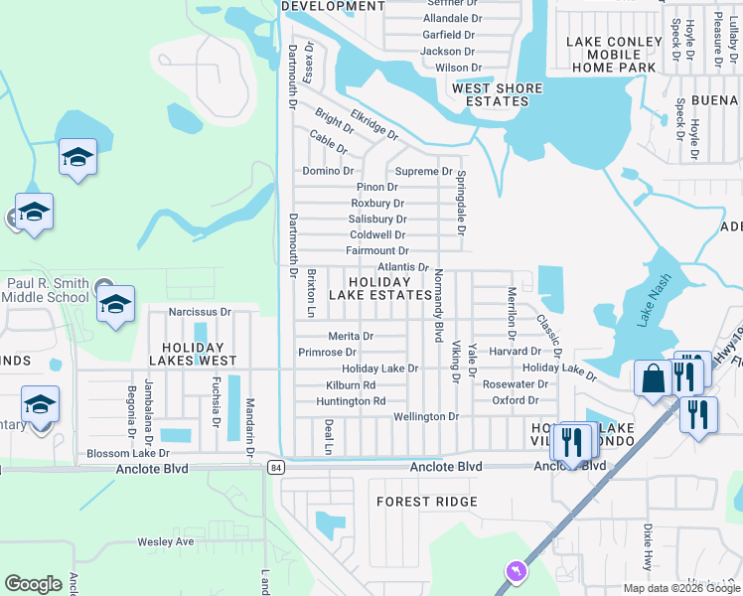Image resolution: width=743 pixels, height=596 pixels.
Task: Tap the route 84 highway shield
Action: (x=275, y=467)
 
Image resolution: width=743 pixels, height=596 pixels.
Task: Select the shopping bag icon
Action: (x=653, y=380)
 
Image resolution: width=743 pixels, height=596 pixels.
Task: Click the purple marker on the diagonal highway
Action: (x=515, y=571)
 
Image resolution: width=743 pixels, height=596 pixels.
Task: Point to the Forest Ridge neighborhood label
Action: (x=427, y=503)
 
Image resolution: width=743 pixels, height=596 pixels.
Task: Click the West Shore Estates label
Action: (x=498, y=95)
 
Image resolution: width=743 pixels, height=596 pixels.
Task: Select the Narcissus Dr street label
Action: (x=200, y=312)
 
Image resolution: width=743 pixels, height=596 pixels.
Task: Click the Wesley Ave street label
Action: (x=165, y=542)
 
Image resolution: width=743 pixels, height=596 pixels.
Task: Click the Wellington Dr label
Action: (x=426, y=417)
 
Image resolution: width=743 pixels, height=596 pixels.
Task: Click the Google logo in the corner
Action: (x=34, y=584)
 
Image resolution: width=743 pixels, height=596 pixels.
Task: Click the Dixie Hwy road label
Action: (x=648, y=547)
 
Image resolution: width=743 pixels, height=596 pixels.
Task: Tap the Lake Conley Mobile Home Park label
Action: (x=614, y=55)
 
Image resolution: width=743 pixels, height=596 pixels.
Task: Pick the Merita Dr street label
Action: (x=351, y=337)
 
